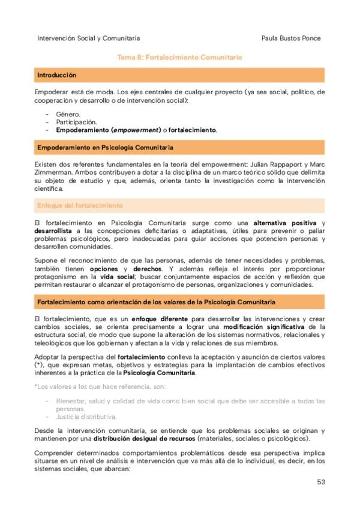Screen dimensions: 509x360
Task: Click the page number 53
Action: coord(322,482)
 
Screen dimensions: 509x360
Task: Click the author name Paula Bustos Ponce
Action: coord(291,38)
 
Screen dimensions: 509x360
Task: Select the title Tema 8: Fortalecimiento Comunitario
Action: coord(179,58)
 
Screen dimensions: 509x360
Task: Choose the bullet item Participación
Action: coord(76,122)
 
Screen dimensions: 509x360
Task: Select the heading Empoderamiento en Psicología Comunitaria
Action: coord(105,147)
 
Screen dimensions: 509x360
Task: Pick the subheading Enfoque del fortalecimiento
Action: coord(80,205)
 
